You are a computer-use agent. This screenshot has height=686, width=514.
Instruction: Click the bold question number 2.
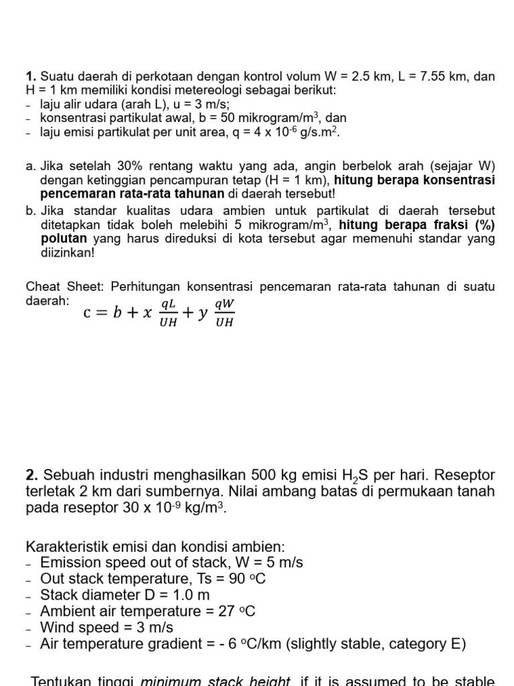31,475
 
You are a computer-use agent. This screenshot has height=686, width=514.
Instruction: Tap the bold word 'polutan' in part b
64,238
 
